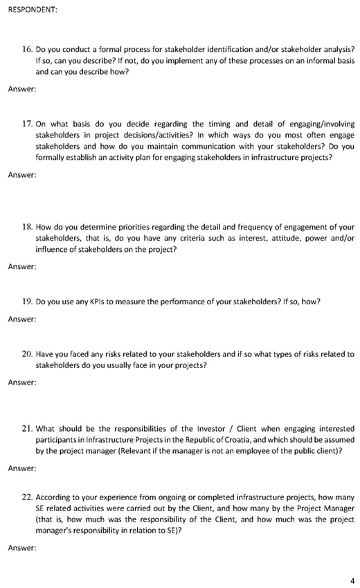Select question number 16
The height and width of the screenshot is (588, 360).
(x=28, y=49)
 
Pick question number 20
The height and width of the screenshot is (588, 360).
(x=28, y=354)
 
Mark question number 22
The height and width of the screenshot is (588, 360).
(x=28, y=497)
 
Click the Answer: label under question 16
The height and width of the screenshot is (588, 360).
(x=22, y=89)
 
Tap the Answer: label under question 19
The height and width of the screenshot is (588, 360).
(x=22, y=319)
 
